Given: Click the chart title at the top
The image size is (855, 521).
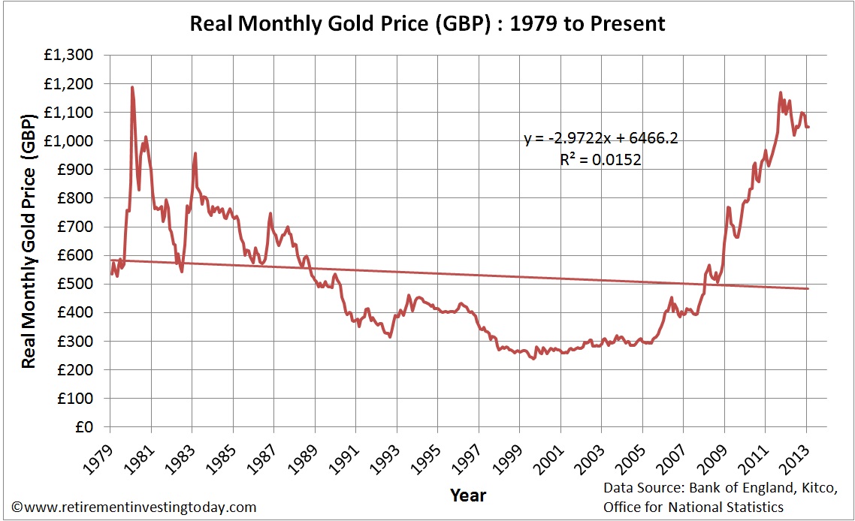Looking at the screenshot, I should [427, 23].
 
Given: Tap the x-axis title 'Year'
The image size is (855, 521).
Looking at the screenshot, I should [468, 495].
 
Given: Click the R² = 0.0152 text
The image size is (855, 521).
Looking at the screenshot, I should [600, 159].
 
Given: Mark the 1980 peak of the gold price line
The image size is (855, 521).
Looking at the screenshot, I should [132, 87].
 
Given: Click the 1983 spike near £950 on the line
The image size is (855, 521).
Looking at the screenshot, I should [195, 154].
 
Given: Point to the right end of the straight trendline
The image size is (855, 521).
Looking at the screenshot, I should [808, 288].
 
